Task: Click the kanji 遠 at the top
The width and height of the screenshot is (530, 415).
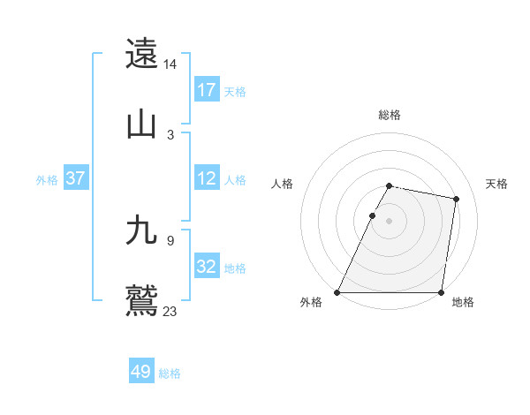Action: click(x=142, y=54)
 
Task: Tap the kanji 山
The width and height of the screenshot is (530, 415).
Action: click(x=142, y=124)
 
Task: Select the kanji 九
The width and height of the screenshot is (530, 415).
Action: click(x=142, y=230)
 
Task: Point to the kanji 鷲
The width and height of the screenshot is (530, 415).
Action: click(x=142, y=301)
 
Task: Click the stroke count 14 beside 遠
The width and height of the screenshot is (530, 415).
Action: click(x=170, y=64)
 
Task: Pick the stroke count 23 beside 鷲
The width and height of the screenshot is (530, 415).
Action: click(x=170, y=312)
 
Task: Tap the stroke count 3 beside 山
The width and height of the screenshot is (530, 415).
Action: click(x=170, y=135)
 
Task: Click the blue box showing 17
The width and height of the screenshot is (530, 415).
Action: click(x=207, y=90)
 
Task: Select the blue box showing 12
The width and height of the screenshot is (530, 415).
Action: click(x=207, y=178)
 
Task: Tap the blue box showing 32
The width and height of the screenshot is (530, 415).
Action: click(x=207, y=267)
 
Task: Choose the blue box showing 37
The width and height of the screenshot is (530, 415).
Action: click(x=75, y=178)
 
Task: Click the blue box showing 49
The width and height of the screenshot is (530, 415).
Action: click(x=141, y=373)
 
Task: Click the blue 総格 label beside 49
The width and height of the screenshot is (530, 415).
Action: click(x=170, y=373)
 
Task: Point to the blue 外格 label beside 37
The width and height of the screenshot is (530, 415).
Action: click(x=47, y=179)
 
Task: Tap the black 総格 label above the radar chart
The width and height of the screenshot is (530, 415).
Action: click(x=390, y=115)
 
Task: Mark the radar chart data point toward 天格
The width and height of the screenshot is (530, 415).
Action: click(x=456, y=200)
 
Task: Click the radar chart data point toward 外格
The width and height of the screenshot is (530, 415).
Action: click(x=337, y=292)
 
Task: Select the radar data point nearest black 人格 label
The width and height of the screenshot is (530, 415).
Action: click(x=372, y=215)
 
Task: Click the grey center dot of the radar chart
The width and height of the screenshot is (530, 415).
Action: click(x=390, y=221)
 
